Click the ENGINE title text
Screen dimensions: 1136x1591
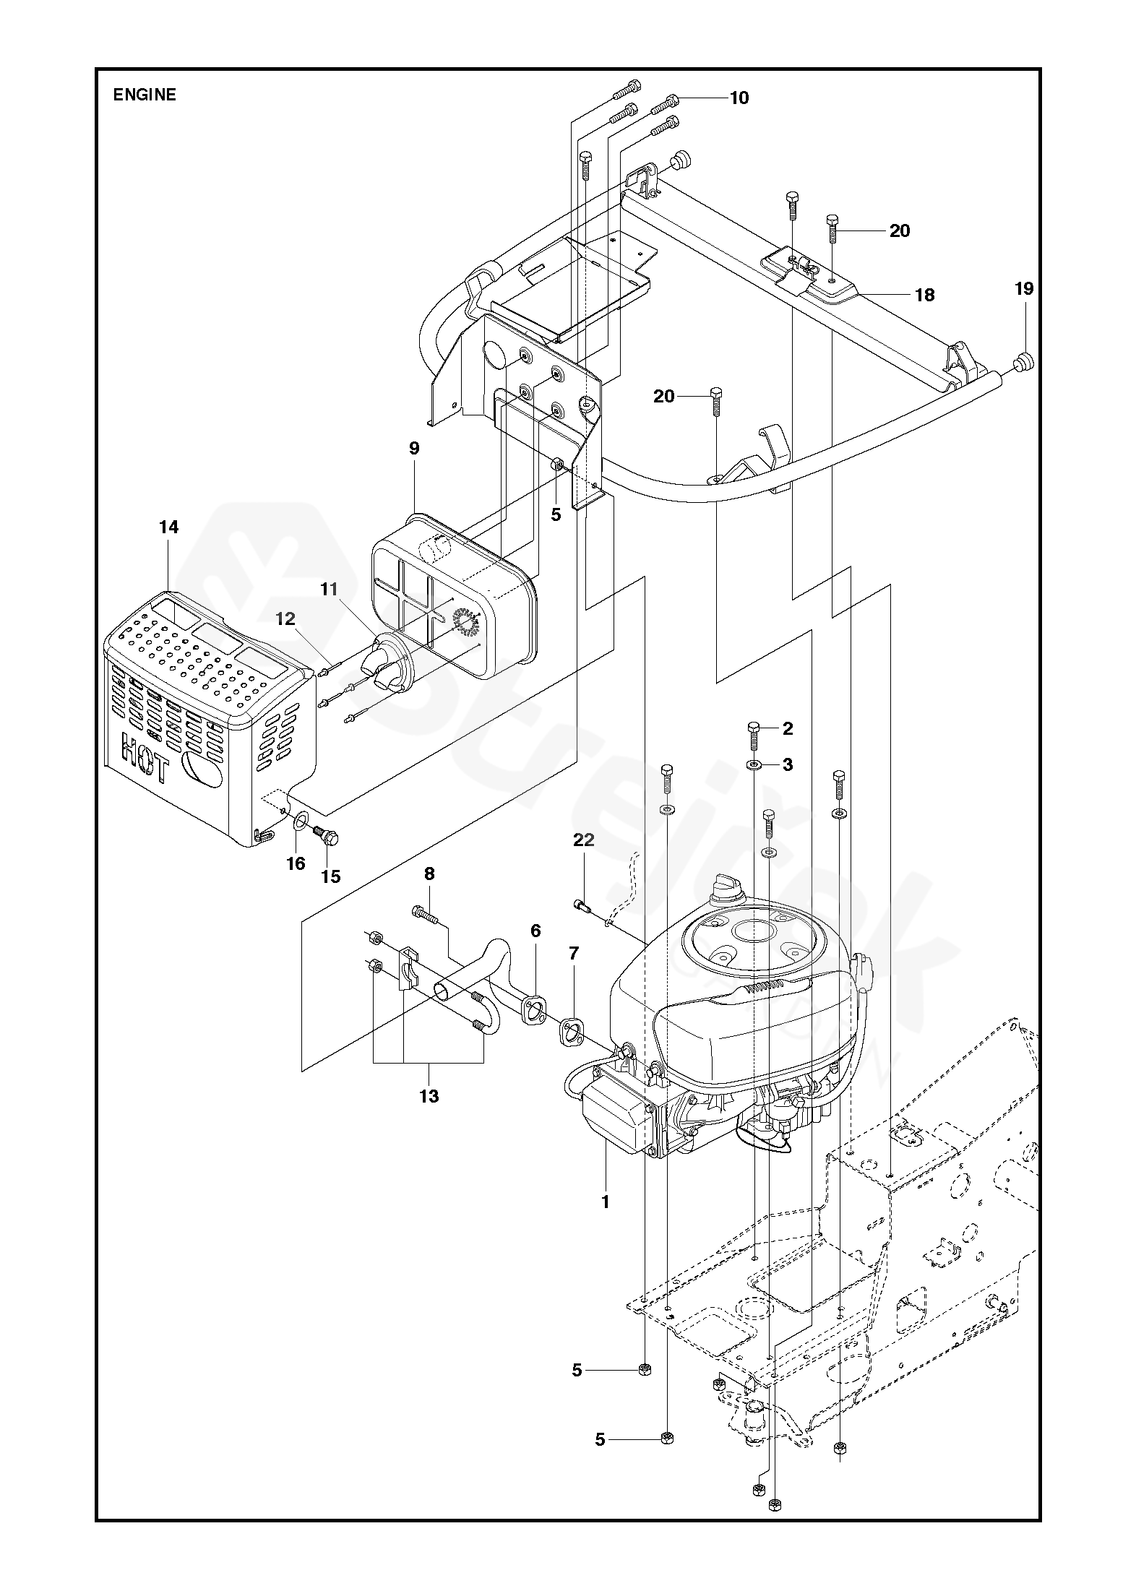pos(145,95)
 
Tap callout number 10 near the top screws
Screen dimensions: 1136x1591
pos(739,98)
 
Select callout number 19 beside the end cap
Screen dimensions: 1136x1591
pos(1024,289)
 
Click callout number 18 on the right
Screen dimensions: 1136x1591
pos(924,295)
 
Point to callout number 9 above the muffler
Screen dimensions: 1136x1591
pos(414,449)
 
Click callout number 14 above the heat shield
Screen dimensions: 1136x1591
pos(168,527)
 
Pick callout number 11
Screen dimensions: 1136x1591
pos(330,590)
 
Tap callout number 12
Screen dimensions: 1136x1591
pos(285,618)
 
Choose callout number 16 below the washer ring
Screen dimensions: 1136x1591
pos(296,863)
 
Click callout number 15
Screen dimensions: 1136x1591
pos(330,876)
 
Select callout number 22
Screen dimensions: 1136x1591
pos(584,840)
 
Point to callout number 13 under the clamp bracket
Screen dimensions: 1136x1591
pos(429,1096)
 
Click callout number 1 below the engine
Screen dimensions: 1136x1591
pos(606,1202)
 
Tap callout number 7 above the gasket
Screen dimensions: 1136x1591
pos(574,954)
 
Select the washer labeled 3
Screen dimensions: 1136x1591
pos(754,764)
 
